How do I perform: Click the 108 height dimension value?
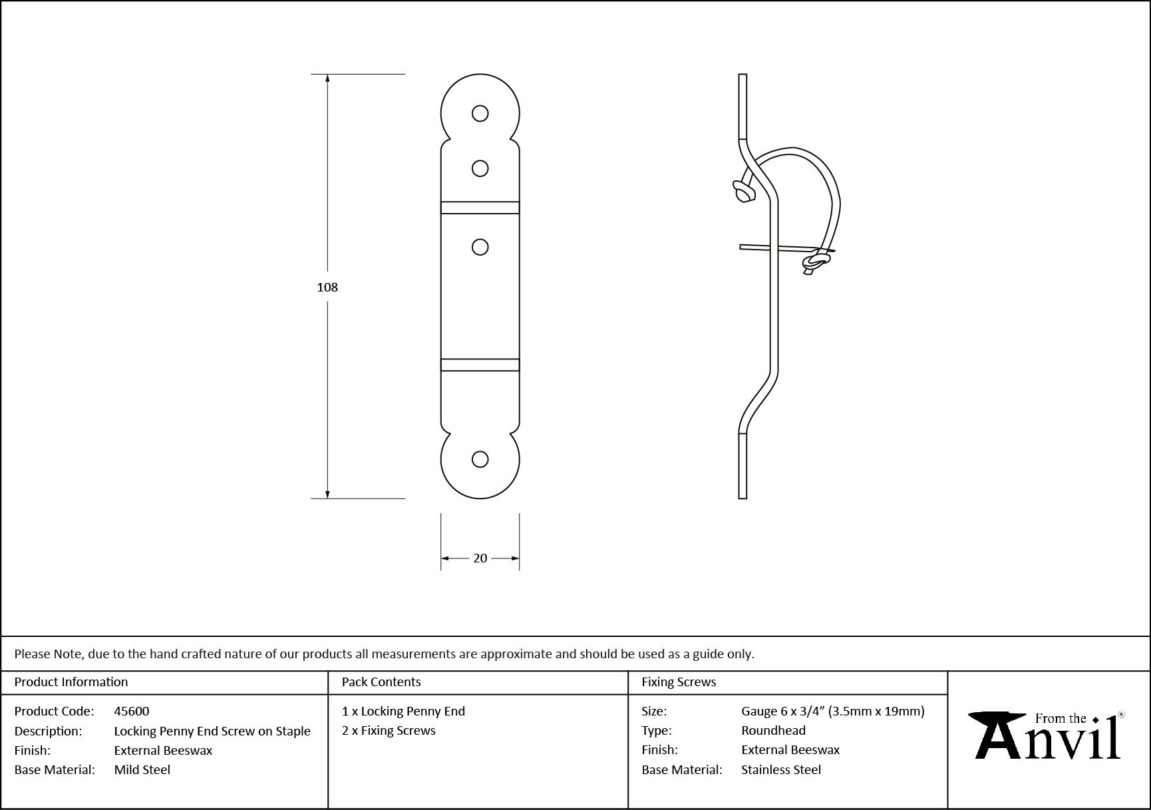[327, 287]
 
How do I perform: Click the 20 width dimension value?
[480, 558]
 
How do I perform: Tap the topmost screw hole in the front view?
[480, 114]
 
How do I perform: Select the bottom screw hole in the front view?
[480, 459]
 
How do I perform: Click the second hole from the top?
[480, 168]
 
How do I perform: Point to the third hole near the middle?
[480, 247]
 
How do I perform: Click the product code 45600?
[132, 711]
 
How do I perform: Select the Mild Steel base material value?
[142, 769]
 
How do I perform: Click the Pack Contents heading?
[381, 682]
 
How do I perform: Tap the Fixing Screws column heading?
[679, 682]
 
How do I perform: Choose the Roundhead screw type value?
[773, 730]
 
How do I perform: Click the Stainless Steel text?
[781, 769]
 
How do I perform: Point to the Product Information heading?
[71, 682]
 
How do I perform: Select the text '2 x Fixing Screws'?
[389, 730]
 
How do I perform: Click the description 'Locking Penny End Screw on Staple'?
[212, 731]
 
